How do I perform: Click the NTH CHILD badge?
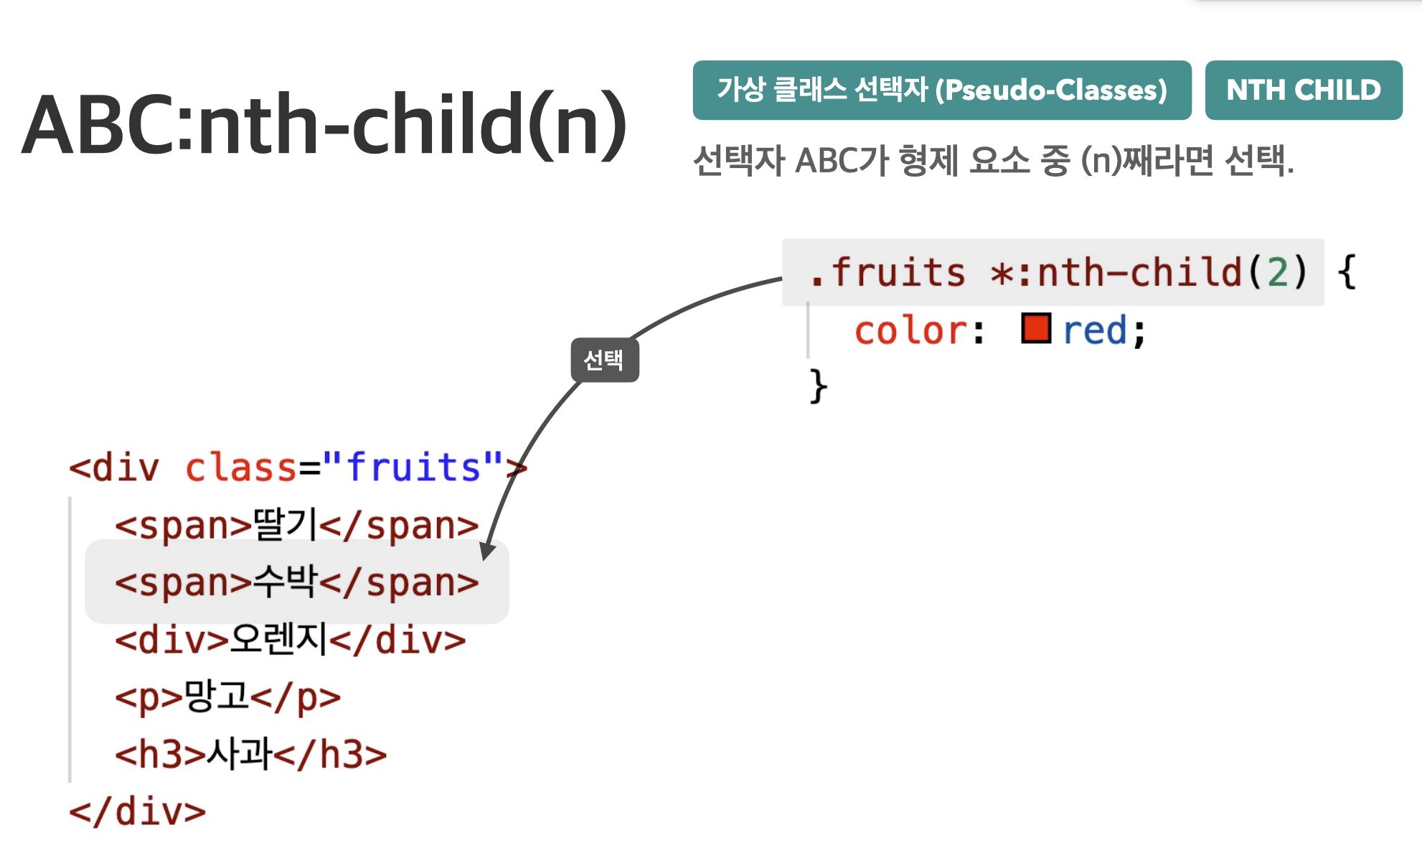[x=1304, y=90]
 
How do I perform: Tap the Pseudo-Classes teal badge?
[x=942, y=90]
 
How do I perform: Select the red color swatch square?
[x=1036, y=328]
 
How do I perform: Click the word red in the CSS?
[x=1095, y=331]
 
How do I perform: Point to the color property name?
[x=911, y=331]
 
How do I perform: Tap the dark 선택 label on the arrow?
[x=605, y=360]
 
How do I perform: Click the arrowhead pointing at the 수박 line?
[x=487, y=551]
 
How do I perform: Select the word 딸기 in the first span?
[x=286, y=524]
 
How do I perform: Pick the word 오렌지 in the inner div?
[x=278, y=638]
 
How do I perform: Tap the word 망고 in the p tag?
[x=217, y=696]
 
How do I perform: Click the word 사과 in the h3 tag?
[x=240, y=753]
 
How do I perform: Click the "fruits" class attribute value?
[x=413, y=467]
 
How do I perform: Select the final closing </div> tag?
[x=137, y=811]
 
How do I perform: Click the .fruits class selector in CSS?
[x=887, y=272]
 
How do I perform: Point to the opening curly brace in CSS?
[x=1347, y=272]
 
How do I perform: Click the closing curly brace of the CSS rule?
[x=819, y=386]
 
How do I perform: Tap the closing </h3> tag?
[x=330, y=754]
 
